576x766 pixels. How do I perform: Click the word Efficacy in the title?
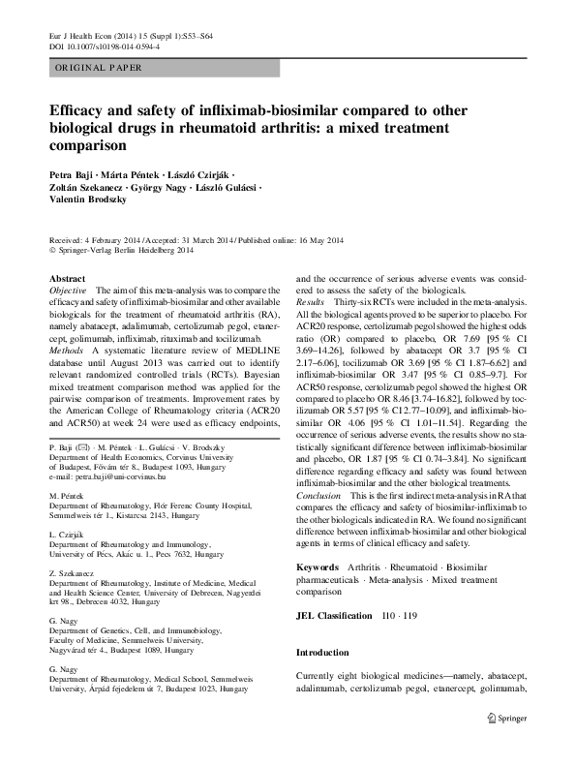point(81,112)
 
